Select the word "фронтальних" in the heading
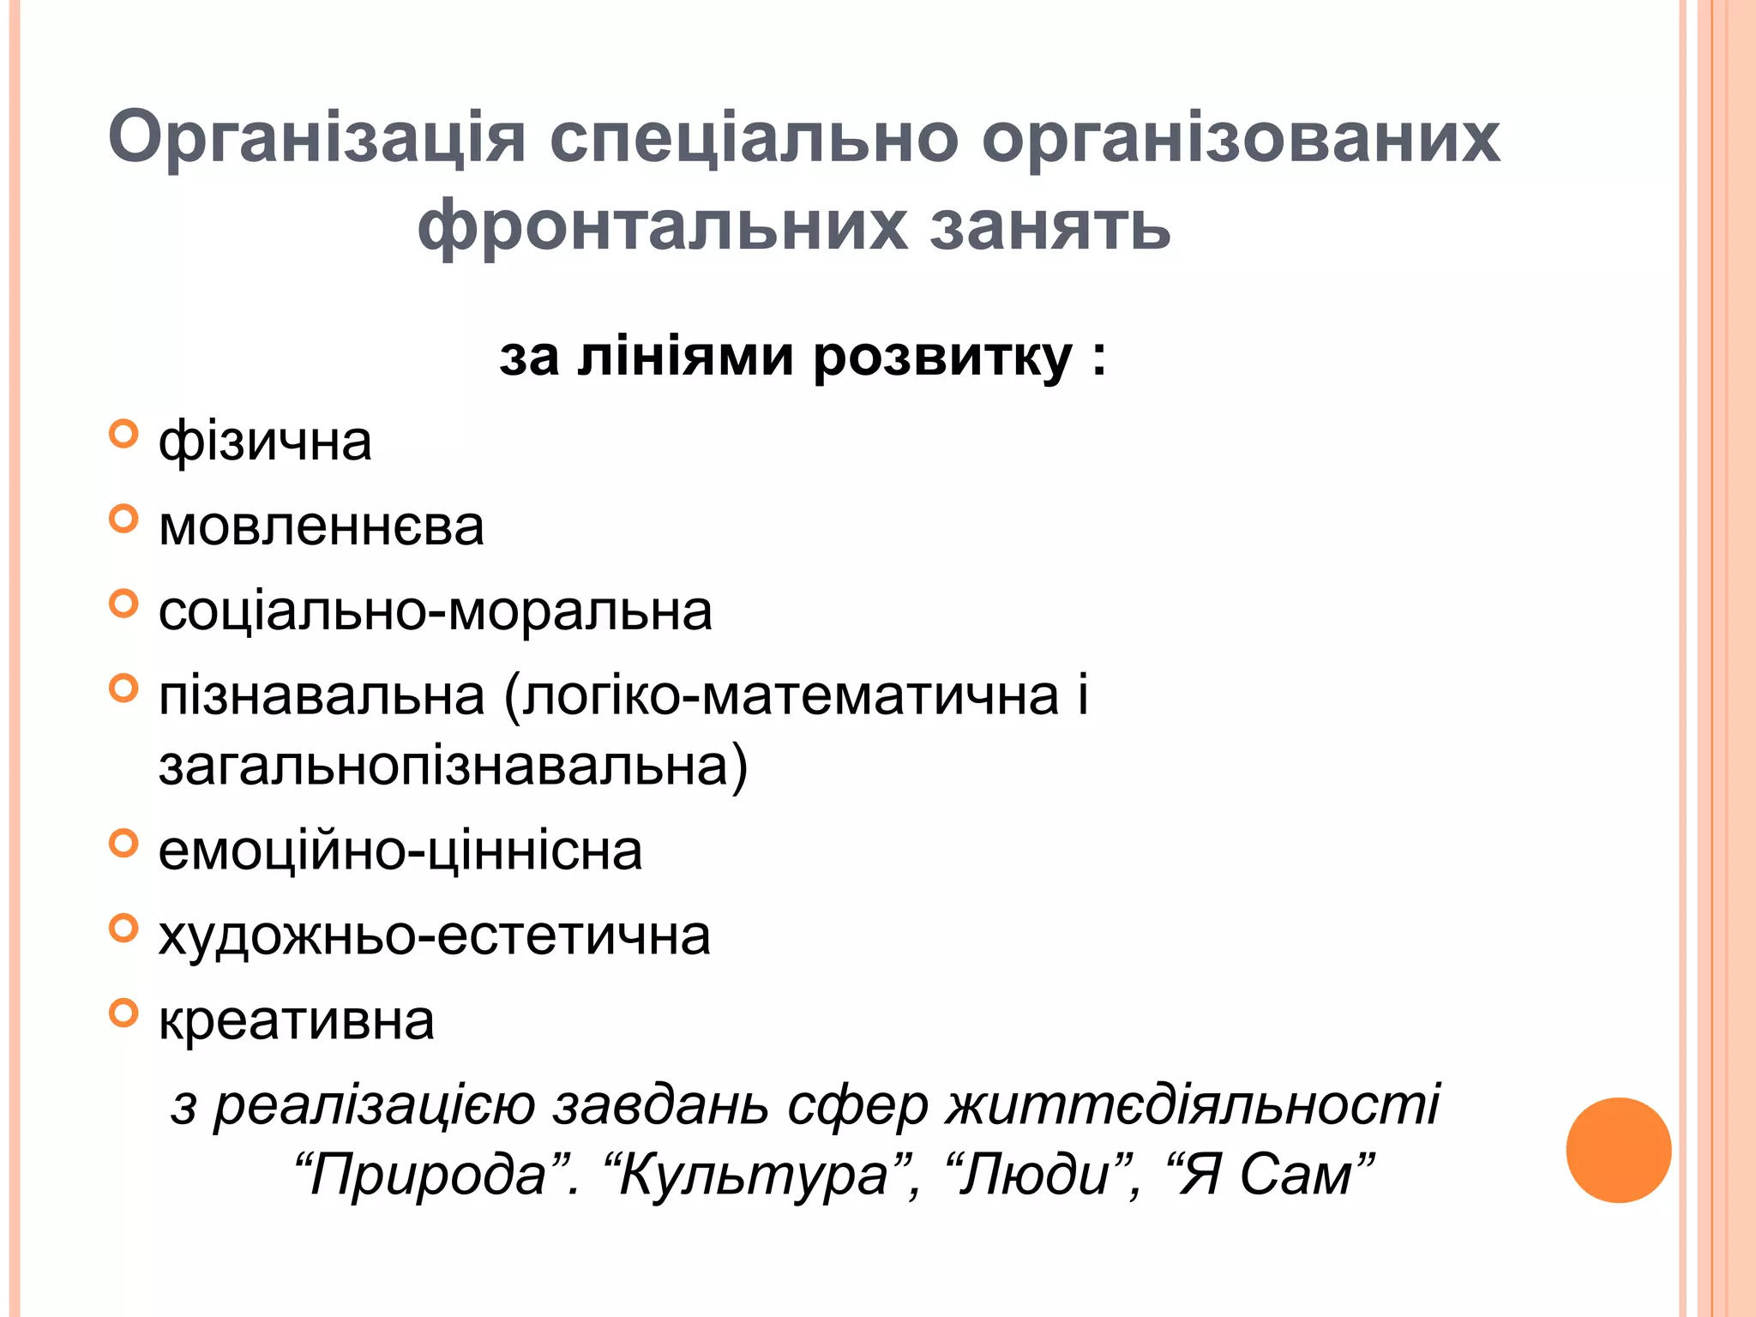pos(661,226)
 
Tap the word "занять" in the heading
pos(1049,226)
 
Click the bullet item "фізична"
pos(265,442)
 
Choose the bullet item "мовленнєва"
pos(322,526)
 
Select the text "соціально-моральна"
pos(435,611)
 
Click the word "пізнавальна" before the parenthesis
pos(322,695)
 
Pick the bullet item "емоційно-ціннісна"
pos(400,851)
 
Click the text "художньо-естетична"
pos(435,935)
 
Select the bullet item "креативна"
pos(297,1020)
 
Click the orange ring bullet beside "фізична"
pos(124,434)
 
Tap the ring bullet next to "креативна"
pos(124,1013)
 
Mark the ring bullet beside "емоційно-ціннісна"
pos(124,843)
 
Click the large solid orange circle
pos(1618,1150)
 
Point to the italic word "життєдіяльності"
pos(1193,1105)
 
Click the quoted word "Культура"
pos(754,1175)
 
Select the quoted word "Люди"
pos(1036,1175)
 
